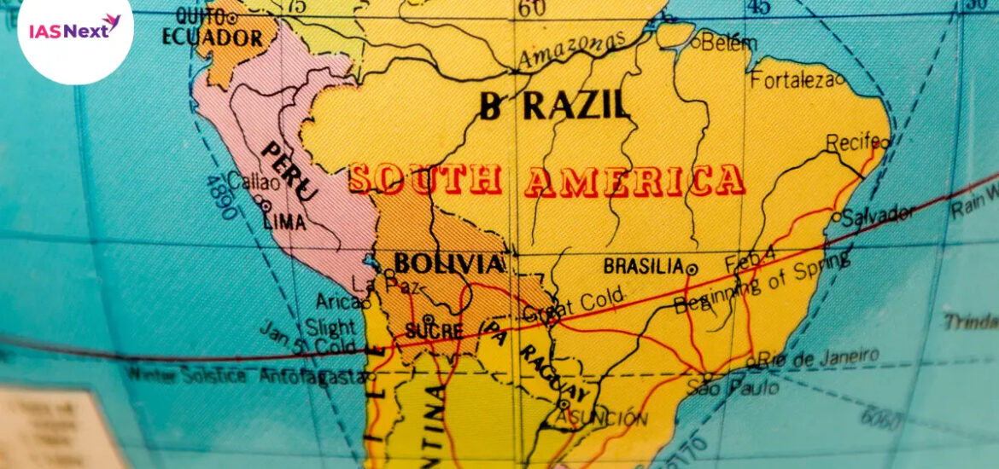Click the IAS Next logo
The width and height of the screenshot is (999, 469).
pos(75,30)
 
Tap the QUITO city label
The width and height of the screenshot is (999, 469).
pos(198,16)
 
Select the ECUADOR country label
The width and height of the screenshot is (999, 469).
pos(212,38)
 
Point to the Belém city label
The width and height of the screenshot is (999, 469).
pos(728,43)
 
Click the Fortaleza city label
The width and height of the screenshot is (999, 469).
pos(792,81)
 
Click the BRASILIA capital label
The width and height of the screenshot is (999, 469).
pos(643,266)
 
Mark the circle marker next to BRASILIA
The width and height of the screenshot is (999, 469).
pos(692,269)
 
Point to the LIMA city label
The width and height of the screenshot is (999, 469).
pos(285,222)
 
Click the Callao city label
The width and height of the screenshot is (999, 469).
pos(254,182)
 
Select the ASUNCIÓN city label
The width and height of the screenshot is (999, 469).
pos(611,418)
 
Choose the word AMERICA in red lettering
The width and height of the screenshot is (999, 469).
pos(634,181)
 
